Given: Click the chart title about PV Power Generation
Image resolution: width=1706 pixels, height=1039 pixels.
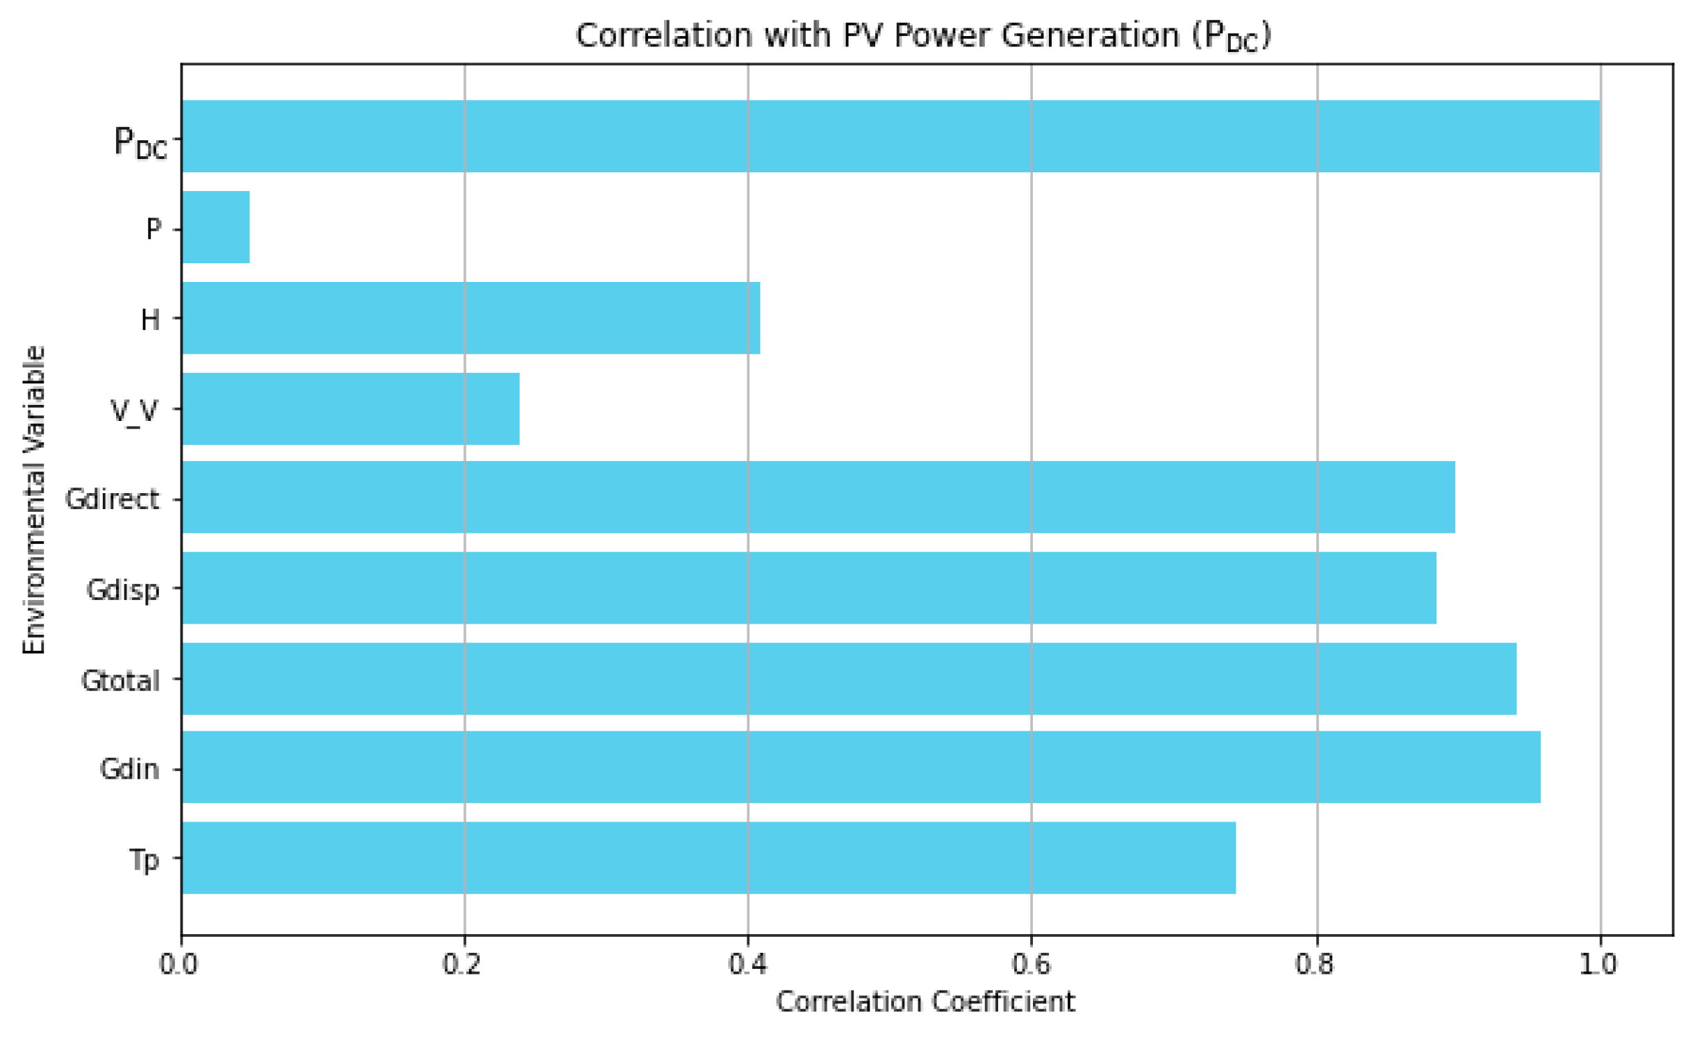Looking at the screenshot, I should (923, 36).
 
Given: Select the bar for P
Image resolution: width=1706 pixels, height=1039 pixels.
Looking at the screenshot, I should (216, 227).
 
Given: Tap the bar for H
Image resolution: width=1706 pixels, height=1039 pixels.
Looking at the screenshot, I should (471, 318).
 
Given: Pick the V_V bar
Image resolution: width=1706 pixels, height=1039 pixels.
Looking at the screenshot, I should (351, 409).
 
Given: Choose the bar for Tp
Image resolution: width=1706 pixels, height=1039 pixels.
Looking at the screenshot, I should (709, 858).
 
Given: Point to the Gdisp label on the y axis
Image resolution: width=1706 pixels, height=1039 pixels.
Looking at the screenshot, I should (123, 590).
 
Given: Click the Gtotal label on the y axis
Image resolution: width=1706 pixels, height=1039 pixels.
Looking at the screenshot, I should (120, 681).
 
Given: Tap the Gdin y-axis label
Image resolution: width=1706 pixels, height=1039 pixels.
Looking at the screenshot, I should (129, 770).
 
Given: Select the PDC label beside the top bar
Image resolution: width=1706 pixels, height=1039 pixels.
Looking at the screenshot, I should (141, 142).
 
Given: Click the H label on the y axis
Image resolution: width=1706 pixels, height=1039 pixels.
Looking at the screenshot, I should (150, 320).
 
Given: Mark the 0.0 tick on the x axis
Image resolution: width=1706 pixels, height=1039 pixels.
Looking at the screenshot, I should (179, 965).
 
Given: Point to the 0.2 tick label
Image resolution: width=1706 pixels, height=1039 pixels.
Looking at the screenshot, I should (463, 965).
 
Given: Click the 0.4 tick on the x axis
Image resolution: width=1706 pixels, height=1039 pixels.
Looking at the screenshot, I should (747, 965).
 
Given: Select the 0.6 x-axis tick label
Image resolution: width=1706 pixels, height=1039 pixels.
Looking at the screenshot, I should (1031, 965).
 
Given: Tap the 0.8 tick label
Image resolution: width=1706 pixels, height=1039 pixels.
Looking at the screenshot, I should (1315, 965).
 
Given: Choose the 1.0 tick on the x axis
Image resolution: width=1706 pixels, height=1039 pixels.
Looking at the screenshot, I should (1599, 965).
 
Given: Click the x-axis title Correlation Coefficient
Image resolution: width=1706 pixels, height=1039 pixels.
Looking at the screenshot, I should (925, 1002).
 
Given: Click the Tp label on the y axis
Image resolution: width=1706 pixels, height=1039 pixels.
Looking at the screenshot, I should (144, 861).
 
